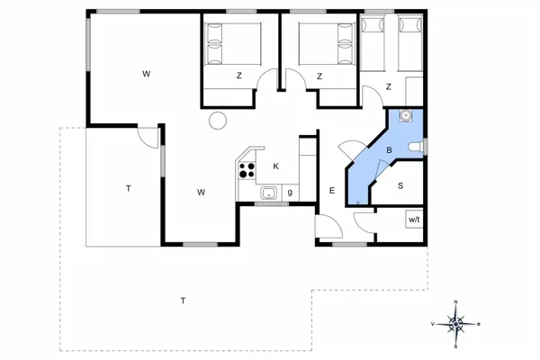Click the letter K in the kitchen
pyautogui.click(x=276, y=166)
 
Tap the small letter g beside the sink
pyautogui.click(x=290, y=193)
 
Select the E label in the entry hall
pyautogui.click(x=331, y=191)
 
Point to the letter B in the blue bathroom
pyautogui.click(x=389, y=149)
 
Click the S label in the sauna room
pyautogui.click(x=400, y=186)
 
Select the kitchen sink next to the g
pyautogui.click(x=268, y=193)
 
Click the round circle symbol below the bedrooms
pyautogui.click(x=217, y=121)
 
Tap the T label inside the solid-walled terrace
pyautogui.click(x=129, y=189)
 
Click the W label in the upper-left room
pyautogui.click(x=145, y=74)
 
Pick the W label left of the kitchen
pyautogui.click(x=202, y=192)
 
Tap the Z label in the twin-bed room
pyautogui.click(x=388, y=86)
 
